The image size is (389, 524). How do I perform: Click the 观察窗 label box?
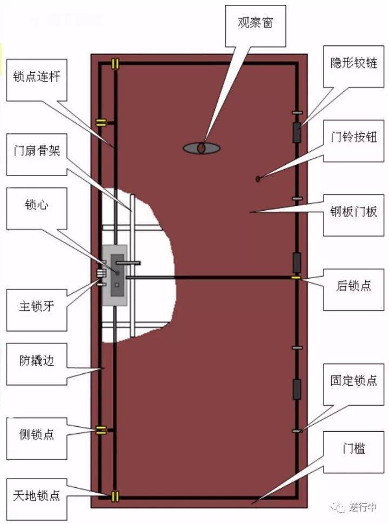[256, 26]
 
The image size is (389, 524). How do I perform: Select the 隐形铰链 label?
[353, 67]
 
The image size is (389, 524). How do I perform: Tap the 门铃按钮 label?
[353, 141]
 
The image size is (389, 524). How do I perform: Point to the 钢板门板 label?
[353, 216]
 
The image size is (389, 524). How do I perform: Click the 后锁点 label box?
[353, 290]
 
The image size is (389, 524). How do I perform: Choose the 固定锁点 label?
[353, 384]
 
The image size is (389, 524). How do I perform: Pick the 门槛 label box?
[353, 452]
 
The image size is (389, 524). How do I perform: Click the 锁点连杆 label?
[37, 80]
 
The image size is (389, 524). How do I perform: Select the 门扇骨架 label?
[37, 154]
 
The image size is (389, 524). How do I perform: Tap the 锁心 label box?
[37, 209]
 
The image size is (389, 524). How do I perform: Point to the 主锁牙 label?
[37, 310]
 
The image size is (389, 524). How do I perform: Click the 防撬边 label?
[37, 364]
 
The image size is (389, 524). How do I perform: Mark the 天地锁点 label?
[37, 499]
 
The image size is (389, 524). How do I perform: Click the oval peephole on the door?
[202, 147]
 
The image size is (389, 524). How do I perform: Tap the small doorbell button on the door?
[258, 179]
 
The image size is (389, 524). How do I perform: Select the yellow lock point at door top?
[115, 64]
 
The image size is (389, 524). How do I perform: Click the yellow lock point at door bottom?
[115, 496]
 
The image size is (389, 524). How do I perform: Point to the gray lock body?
[115, 276]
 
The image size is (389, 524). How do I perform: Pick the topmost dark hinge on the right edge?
[297, 132]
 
